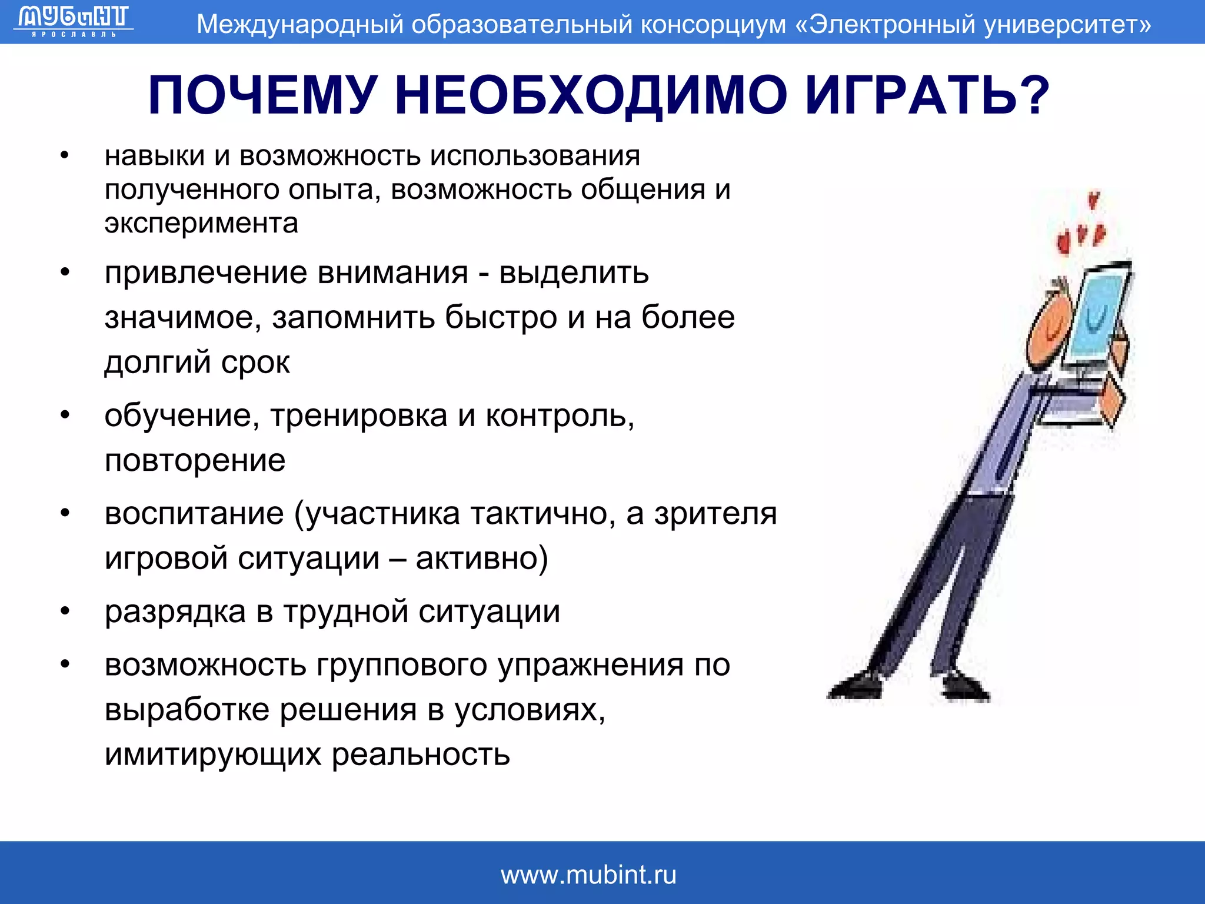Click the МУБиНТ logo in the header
point(73,21)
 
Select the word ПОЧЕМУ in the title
point(262,95)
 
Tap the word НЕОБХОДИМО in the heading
point(591,95)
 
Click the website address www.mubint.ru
point(588,875)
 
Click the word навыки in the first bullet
point(155,157)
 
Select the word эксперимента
point(201,223)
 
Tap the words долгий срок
point(197,362)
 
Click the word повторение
point(195,460)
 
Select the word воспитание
point(194,514)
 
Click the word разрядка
point(175,612)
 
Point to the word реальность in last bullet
point(420,754)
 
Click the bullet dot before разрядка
point(65,612)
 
